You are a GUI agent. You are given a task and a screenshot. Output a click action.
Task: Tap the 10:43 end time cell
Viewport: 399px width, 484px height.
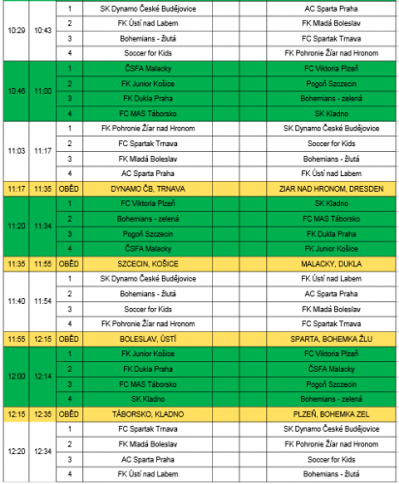[x=43, y=30]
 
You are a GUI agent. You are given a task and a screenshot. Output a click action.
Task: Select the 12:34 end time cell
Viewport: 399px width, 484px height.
[x=43, y=451]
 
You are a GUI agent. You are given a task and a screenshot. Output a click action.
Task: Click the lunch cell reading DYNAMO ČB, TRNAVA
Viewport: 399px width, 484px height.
[x=148, y=188]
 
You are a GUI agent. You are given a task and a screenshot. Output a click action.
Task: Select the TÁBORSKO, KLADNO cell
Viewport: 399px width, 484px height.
[x=148, y=413]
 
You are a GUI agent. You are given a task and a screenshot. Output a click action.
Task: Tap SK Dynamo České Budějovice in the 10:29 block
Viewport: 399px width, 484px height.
[x=148, y=7]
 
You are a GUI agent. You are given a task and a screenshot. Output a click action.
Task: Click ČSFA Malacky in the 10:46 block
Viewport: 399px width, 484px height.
[x=148, y=68]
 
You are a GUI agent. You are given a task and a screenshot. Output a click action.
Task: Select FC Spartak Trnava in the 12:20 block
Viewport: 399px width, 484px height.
[x=148, y=428]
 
